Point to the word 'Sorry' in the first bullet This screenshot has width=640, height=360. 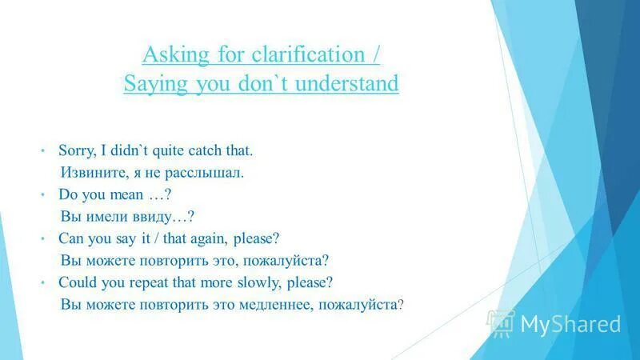(x=75, y=150)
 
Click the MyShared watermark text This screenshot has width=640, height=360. (x=570, y=324)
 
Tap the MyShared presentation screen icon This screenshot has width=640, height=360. (x=502, y=322)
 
